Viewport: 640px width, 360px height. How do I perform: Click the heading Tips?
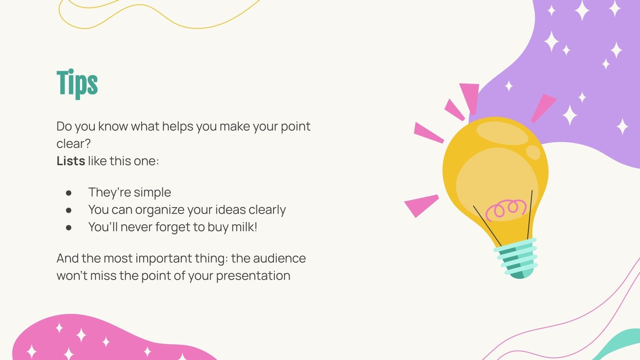pos(77,84)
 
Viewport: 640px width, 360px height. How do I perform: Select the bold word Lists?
pos(71,161)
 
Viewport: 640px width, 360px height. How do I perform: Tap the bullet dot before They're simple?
pos(68,193)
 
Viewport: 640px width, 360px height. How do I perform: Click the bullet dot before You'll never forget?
pos(68,228)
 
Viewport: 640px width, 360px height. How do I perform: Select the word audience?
pos(280,258)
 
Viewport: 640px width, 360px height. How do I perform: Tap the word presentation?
pos(253,276)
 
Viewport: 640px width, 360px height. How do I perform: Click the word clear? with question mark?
pos(74,144)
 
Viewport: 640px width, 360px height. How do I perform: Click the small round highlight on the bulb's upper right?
pos(533,152)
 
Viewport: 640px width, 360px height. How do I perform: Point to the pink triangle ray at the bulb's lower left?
pos(422,205)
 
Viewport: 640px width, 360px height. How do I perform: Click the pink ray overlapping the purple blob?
pos(544,108)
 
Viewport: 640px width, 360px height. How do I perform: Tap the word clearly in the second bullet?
pos(267,210)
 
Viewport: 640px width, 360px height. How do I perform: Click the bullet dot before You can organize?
pos(68,210)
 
